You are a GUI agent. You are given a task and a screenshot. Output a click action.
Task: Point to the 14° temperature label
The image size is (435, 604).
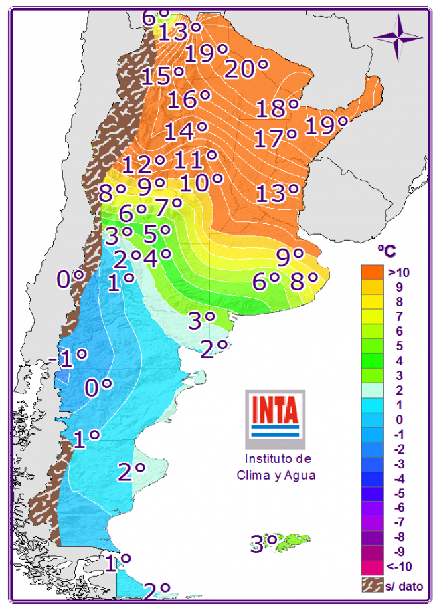(x=185, y=131)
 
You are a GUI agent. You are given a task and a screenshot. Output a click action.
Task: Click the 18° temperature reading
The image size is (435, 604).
(x=276, y=108)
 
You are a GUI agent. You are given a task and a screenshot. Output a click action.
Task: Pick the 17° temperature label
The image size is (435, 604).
(x=275, y=139)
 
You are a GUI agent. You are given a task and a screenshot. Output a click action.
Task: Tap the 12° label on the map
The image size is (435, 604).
(x=143, y=163)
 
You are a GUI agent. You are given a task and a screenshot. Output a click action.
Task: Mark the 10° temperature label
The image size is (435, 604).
(x=200, y=182)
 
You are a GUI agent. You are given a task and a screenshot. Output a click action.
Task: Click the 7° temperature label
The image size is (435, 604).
(x=168, y=206)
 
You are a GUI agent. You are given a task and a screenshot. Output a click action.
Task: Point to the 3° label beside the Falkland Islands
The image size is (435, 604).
(x=264, y=544)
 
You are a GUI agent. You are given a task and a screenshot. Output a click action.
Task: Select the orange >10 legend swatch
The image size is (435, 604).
(x=373, y=272)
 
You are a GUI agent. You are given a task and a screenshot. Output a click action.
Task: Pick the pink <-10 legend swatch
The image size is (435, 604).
(x=373, y=567)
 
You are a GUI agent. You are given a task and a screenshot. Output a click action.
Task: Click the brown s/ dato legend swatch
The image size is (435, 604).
(x=373, y=585)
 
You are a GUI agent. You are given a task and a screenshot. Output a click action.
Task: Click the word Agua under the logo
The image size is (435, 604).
(x=299, y=475)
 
